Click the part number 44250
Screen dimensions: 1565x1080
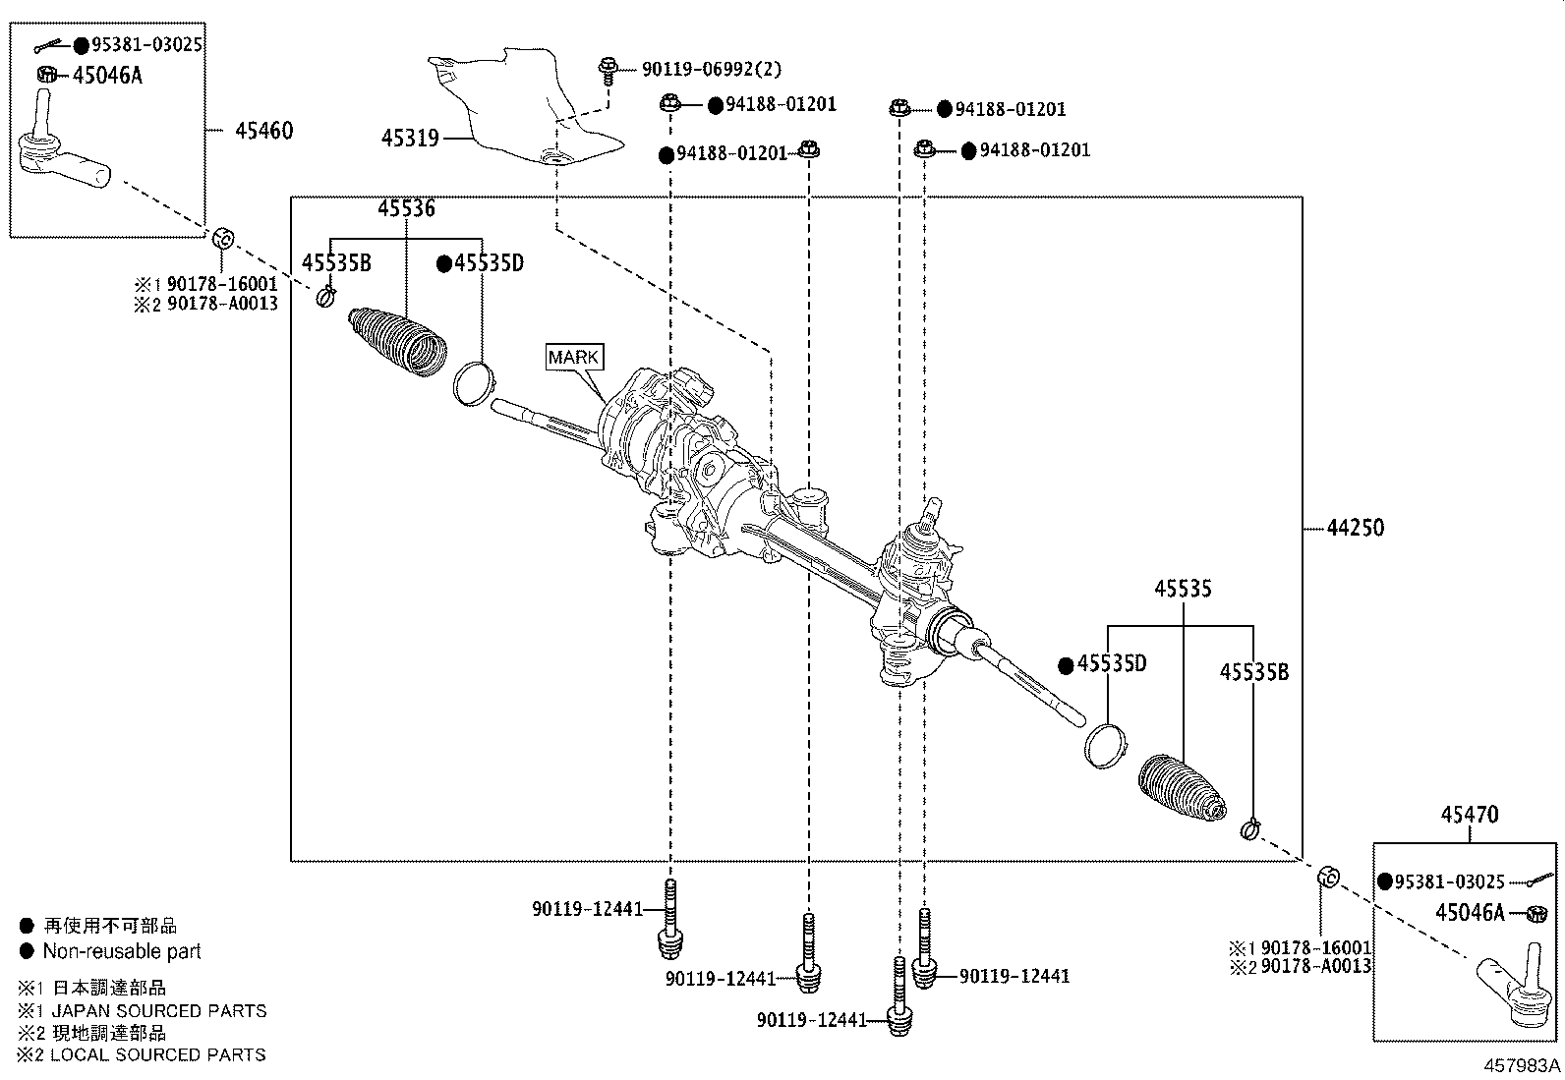point(1355,528)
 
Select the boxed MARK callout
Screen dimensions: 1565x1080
point(574,357)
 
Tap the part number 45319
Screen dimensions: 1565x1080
point(410,139)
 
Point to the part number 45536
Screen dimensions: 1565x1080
point(407,208)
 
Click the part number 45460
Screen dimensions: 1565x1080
point(264,131)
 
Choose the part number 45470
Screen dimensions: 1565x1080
point(1470,815)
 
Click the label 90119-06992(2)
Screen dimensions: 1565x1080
point(712,69)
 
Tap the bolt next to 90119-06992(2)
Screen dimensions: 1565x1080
point(608,72)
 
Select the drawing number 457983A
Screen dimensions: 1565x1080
point(1522,1065)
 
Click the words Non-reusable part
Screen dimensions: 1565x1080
point(122,950)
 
